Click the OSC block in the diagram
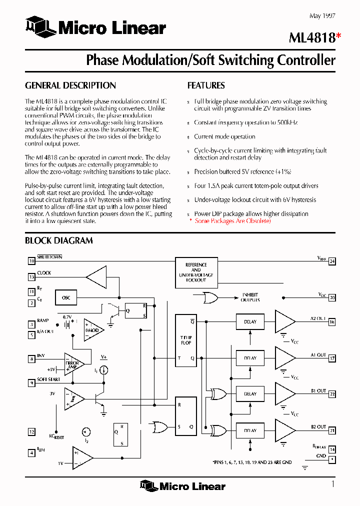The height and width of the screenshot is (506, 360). click(x=66, y=298)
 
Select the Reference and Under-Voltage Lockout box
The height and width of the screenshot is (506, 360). click(x=196, y=272)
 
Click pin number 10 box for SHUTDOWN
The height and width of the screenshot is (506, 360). click(x=31, y=260)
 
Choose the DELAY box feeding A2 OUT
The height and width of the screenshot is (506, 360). click(x=250, y=322)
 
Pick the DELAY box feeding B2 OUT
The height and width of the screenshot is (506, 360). click(x=250, y=430)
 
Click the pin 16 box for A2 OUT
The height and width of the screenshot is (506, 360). click(x=332, y=322)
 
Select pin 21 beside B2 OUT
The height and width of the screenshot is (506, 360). click(x=332, y=430)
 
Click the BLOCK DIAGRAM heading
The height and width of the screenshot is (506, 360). click(x=59, y=240)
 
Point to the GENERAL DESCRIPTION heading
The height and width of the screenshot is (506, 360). click(x=70, y=85)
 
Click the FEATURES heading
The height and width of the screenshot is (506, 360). click(x=206, y=85)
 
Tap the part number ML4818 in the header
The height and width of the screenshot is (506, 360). click(x=311, y=38)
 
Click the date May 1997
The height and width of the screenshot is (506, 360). click(x=322, y=16)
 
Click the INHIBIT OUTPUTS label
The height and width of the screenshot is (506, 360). click(x=250, y=297)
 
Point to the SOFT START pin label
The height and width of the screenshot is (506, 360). click(x=48, y=379)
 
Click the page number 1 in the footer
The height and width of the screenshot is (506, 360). click(x=332, y=483)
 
